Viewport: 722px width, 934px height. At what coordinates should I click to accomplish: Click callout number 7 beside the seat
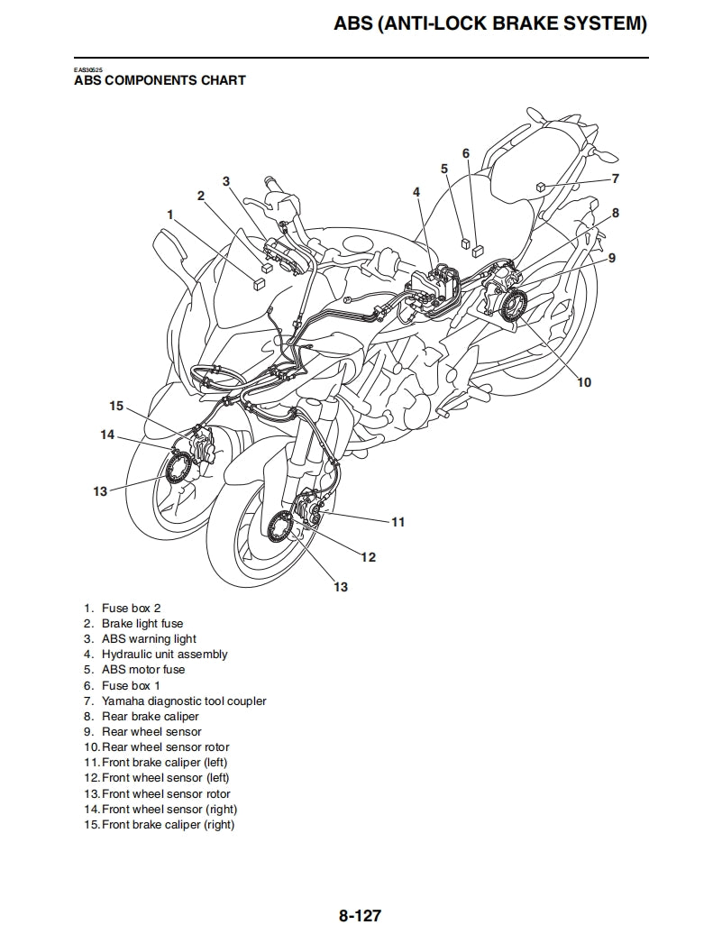pyautogui.click(x=615, y=179)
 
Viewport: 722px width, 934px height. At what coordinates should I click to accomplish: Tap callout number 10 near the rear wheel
pyautogui.click(x=584, y=382)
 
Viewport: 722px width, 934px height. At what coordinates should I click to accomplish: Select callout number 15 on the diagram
pyautogui.click(x=116, y=406)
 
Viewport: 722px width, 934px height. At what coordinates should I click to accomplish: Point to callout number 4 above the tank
pyautogui.click(x=416, y=192)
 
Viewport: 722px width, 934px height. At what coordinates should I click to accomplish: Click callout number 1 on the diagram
pyautogui.click(x=169, y=214)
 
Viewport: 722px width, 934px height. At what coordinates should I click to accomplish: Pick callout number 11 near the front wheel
pyautogui.click(x=398, y=522)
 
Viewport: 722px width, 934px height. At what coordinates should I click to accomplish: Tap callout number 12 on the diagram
pyautogui.click(x=368, y=557)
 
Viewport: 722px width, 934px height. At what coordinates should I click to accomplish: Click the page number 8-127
pyautogui.click(x=361, y=916)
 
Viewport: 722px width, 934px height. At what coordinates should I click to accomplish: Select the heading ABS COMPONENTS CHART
pyautogui.click(x=160, y=80)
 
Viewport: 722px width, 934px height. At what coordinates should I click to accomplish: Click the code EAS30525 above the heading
pyautogui.click(x=87, y=69)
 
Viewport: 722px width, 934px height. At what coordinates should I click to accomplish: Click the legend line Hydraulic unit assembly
pyautogui.click(x=164, y=655)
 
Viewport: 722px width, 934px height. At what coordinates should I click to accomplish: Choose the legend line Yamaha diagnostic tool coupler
pyautogui.click(x=184, y=700)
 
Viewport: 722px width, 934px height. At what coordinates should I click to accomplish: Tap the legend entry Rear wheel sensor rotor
pyautogui.click(x=165, y=747)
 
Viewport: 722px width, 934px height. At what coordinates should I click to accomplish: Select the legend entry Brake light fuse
pyautogui.click(x=142, y=624)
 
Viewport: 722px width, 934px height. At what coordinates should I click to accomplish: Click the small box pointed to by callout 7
pyautogui.click(x=540, y=186)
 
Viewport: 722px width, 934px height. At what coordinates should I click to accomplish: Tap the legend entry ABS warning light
pyautogui.click(x=149, y=639)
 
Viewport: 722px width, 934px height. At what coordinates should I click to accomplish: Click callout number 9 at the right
pyautogui.click(x=611, y=258)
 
